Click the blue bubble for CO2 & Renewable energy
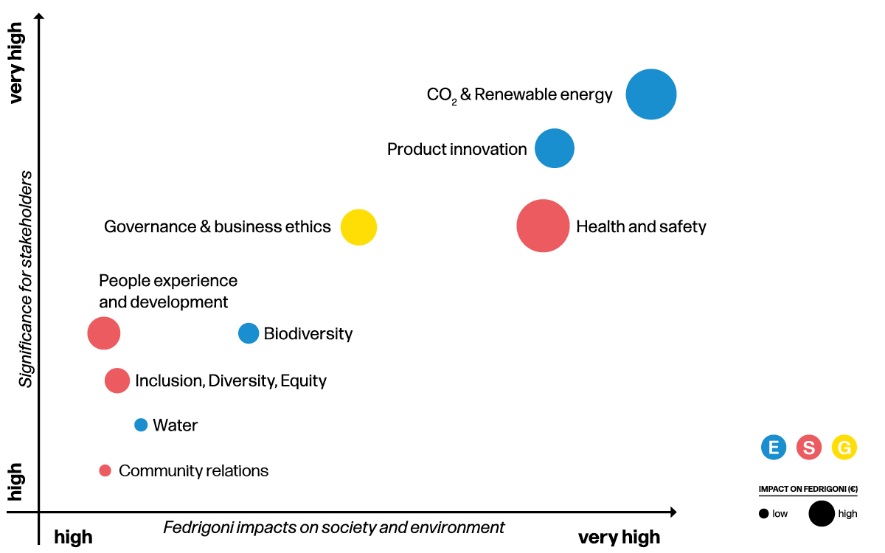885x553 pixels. click(651, 94)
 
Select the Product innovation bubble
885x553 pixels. click(555, 149)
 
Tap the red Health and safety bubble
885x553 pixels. click(543, 226)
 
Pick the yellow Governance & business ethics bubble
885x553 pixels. click(358, 227)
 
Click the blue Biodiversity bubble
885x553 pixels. click(249, 333)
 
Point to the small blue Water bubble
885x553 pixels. click(141, 425)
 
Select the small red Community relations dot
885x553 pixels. click(105, 470)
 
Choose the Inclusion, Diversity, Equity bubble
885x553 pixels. click(117, 380)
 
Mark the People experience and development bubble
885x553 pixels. click(104, 333)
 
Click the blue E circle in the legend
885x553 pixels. click(774, 447)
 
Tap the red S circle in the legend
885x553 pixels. click(809, 447)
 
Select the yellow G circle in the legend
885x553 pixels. click(844, 447)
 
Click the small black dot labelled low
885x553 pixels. click(763, 514)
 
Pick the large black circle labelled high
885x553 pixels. click(822, 513)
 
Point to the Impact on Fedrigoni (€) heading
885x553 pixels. click(808, 489)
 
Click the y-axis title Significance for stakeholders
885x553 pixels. click(27, 279)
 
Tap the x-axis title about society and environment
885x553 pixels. click(334, 528)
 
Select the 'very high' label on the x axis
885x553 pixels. click(619, 537)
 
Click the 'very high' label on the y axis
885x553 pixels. click(16, 63)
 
